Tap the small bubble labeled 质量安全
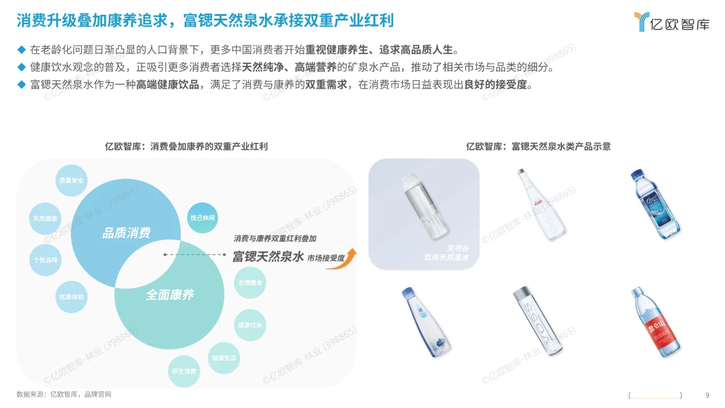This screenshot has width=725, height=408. point(71,181)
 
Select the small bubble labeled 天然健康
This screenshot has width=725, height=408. point(45,219)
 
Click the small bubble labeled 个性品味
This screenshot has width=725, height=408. point(45,260)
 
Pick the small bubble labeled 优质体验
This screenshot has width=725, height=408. point(72,297)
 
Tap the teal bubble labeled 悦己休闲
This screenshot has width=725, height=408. point(202,218)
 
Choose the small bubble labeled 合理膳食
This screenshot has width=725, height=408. point(250,282)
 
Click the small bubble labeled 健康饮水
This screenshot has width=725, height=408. point(250,325)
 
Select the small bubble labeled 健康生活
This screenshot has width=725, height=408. point(224,358)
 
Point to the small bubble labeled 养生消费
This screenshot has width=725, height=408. point(184,371)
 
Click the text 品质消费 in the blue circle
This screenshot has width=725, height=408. point(126,233)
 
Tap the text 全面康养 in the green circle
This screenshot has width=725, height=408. point(170,295)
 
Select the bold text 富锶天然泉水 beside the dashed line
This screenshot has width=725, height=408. point(268,256)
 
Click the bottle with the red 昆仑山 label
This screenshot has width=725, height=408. point(655,322)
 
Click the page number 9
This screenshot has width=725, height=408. point(707,395)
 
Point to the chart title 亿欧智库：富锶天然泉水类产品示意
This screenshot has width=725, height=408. point(538,146)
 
